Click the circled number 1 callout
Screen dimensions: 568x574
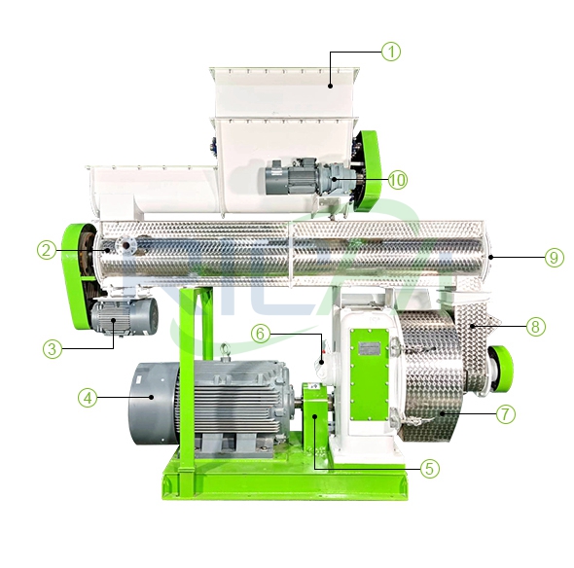pos(391,52)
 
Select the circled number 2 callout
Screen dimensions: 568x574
pos(46,250)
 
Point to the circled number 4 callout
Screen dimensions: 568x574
pos(89,397)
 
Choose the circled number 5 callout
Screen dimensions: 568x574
pos(430,468)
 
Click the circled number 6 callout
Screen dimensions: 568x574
pos(260,333)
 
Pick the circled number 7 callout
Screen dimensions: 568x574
pos(505,413)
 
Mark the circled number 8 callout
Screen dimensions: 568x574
pos(534,327)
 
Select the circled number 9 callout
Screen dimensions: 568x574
pos(553,258)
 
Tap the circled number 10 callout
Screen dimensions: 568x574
pos(397,179)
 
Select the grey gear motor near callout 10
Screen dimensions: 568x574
pos(298,182)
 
